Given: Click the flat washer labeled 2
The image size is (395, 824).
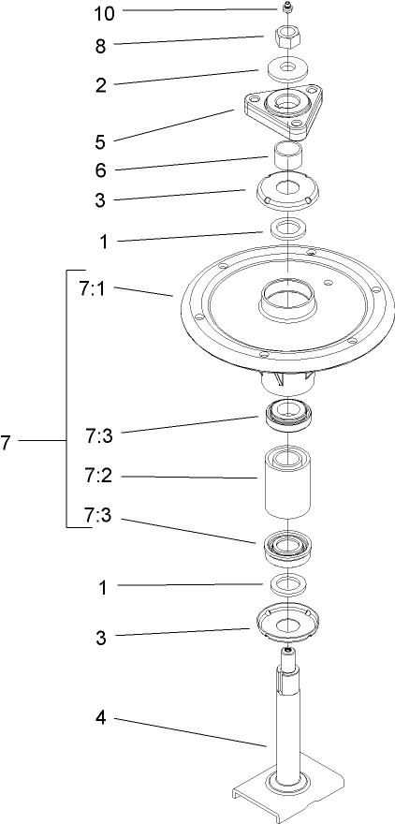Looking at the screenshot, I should point(287,70).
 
